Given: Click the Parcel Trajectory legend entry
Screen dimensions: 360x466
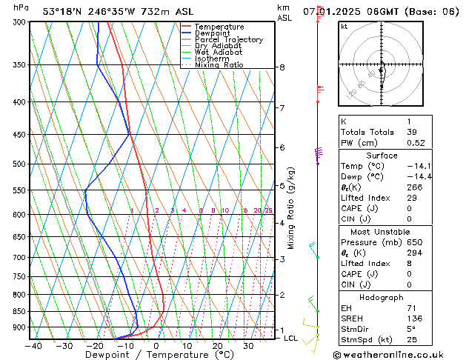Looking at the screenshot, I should pos(229,39).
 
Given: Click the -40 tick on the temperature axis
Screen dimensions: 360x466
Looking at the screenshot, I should pos(33,345).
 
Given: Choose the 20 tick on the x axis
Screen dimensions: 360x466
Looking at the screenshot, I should pos(217,345).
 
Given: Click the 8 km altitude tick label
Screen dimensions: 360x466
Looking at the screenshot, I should pos(282,67).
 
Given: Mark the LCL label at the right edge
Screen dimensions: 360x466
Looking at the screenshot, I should pos(291,338).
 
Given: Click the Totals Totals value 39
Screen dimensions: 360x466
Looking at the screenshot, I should pos(411,132).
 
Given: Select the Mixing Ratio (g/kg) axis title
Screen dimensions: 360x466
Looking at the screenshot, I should pos(291,208).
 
